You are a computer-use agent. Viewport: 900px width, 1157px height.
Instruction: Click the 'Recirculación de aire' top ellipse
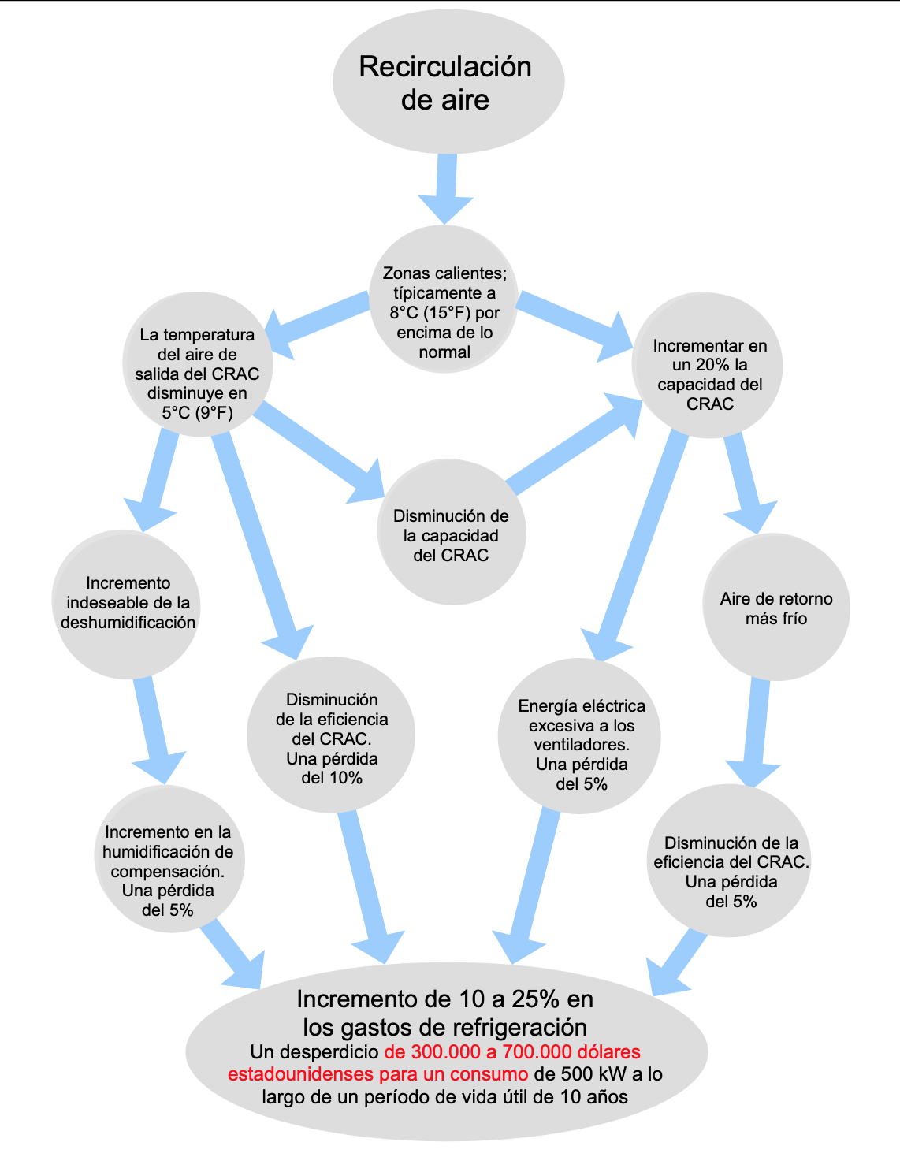coord(448,81)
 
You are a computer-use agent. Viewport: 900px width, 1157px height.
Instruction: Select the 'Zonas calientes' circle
coord(444,299)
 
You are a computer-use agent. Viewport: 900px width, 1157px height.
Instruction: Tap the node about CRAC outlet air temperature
coord(198,364)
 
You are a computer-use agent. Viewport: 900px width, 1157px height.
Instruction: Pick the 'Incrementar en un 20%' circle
coord(707,365)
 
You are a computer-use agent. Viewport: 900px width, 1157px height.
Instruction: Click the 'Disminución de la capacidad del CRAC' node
coord(452,532)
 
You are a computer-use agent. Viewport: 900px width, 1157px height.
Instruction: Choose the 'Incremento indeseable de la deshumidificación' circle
coord(126,605)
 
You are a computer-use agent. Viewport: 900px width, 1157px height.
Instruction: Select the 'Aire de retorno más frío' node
coord(776,607)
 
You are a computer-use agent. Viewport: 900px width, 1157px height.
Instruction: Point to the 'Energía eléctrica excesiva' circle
coord(579,736)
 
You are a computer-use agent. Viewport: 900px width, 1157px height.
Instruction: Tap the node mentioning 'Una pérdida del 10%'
coord(330,735)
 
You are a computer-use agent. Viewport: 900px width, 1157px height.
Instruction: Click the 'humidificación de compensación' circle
coord(169,859)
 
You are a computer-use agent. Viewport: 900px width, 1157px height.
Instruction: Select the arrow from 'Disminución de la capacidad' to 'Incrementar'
coord(574,445)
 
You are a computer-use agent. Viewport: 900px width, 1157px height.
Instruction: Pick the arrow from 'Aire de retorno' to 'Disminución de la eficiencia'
coord(755,733)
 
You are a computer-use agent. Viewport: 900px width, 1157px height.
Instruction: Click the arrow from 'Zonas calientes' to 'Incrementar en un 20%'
coord(574,326)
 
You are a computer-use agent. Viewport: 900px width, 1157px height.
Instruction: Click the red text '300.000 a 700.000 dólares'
coord(512,1052)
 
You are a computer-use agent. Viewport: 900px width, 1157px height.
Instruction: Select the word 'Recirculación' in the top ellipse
coord(445,67)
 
